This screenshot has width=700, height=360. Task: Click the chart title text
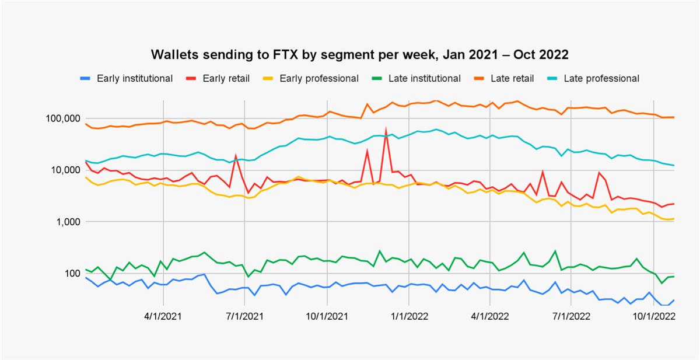360,54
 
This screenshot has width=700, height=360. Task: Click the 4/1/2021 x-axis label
164,316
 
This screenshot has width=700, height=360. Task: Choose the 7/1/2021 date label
246,316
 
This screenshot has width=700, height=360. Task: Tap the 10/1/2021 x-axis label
327,316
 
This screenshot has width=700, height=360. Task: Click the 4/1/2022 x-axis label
490,316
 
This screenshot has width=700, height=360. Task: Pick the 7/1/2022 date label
572,316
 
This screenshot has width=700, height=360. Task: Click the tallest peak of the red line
386,129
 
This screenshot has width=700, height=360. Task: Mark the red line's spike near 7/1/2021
236,156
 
